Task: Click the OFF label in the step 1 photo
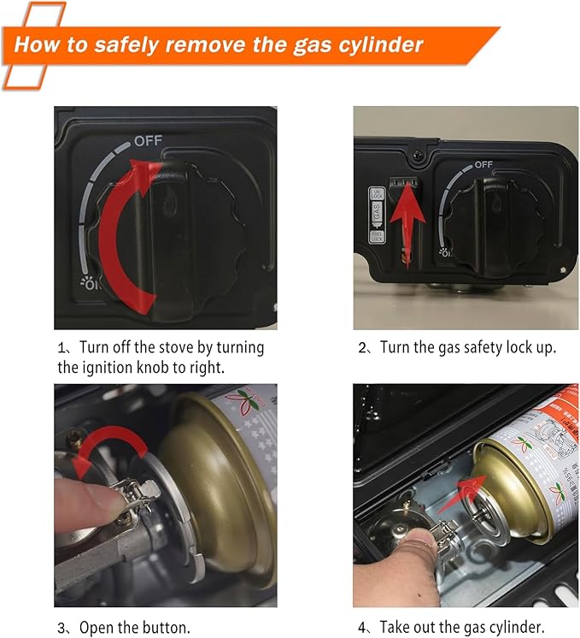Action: (147, 139)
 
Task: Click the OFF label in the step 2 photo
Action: (483, 164)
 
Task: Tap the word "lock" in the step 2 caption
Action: (520, 347)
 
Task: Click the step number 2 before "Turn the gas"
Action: (362, 348)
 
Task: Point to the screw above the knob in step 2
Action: (416, 154)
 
